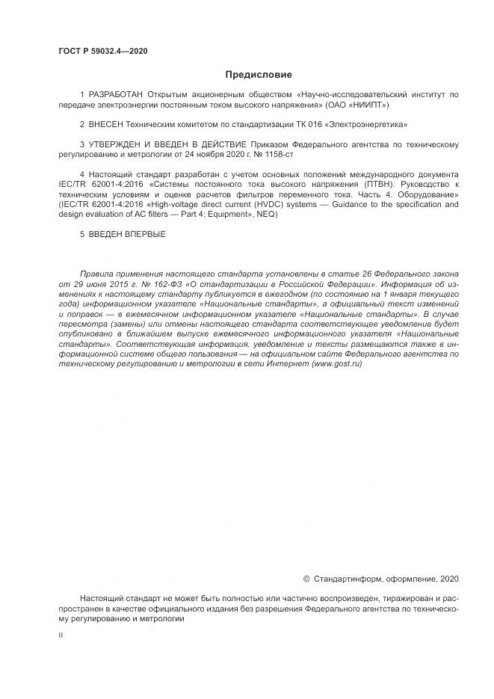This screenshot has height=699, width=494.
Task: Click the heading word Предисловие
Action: coord(259,75)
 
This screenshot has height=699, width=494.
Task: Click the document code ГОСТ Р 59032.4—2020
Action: coord(102,50)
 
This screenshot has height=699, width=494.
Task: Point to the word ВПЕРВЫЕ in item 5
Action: coord(141,234)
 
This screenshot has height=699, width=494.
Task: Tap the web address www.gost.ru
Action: coord(336,363)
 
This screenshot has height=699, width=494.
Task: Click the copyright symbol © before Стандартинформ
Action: coord(306,579)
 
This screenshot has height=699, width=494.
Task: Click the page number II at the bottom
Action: coord(61,635)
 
